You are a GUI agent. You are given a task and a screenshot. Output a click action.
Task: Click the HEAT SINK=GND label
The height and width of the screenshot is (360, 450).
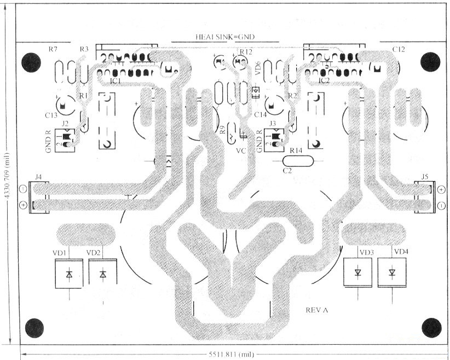(225, 37)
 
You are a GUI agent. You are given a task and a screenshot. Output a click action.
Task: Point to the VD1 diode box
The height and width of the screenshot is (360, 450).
(69, 274)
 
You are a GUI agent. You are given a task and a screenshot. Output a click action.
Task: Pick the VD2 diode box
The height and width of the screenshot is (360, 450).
(102, 274)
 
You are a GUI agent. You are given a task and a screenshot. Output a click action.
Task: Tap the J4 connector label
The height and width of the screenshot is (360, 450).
(37, 176)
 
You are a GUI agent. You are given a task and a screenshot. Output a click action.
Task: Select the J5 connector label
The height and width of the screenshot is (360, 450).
(424, 176)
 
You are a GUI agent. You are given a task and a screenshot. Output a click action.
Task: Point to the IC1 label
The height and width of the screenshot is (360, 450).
(114, 81)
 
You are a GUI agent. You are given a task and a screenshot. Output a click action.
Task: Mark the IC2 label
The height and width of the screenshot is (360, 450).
(324, 81)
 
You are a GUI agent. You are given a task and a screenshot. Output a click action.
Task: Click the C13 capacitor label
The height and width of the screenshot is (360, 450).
(51, 115)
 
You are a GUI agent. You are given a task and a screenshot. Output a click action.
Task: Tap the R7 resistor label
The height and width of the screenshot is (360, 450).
(53, 50)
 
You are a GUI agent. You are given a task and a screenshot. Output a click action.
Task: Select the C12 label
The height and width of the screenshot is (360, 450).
(398, 50)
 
